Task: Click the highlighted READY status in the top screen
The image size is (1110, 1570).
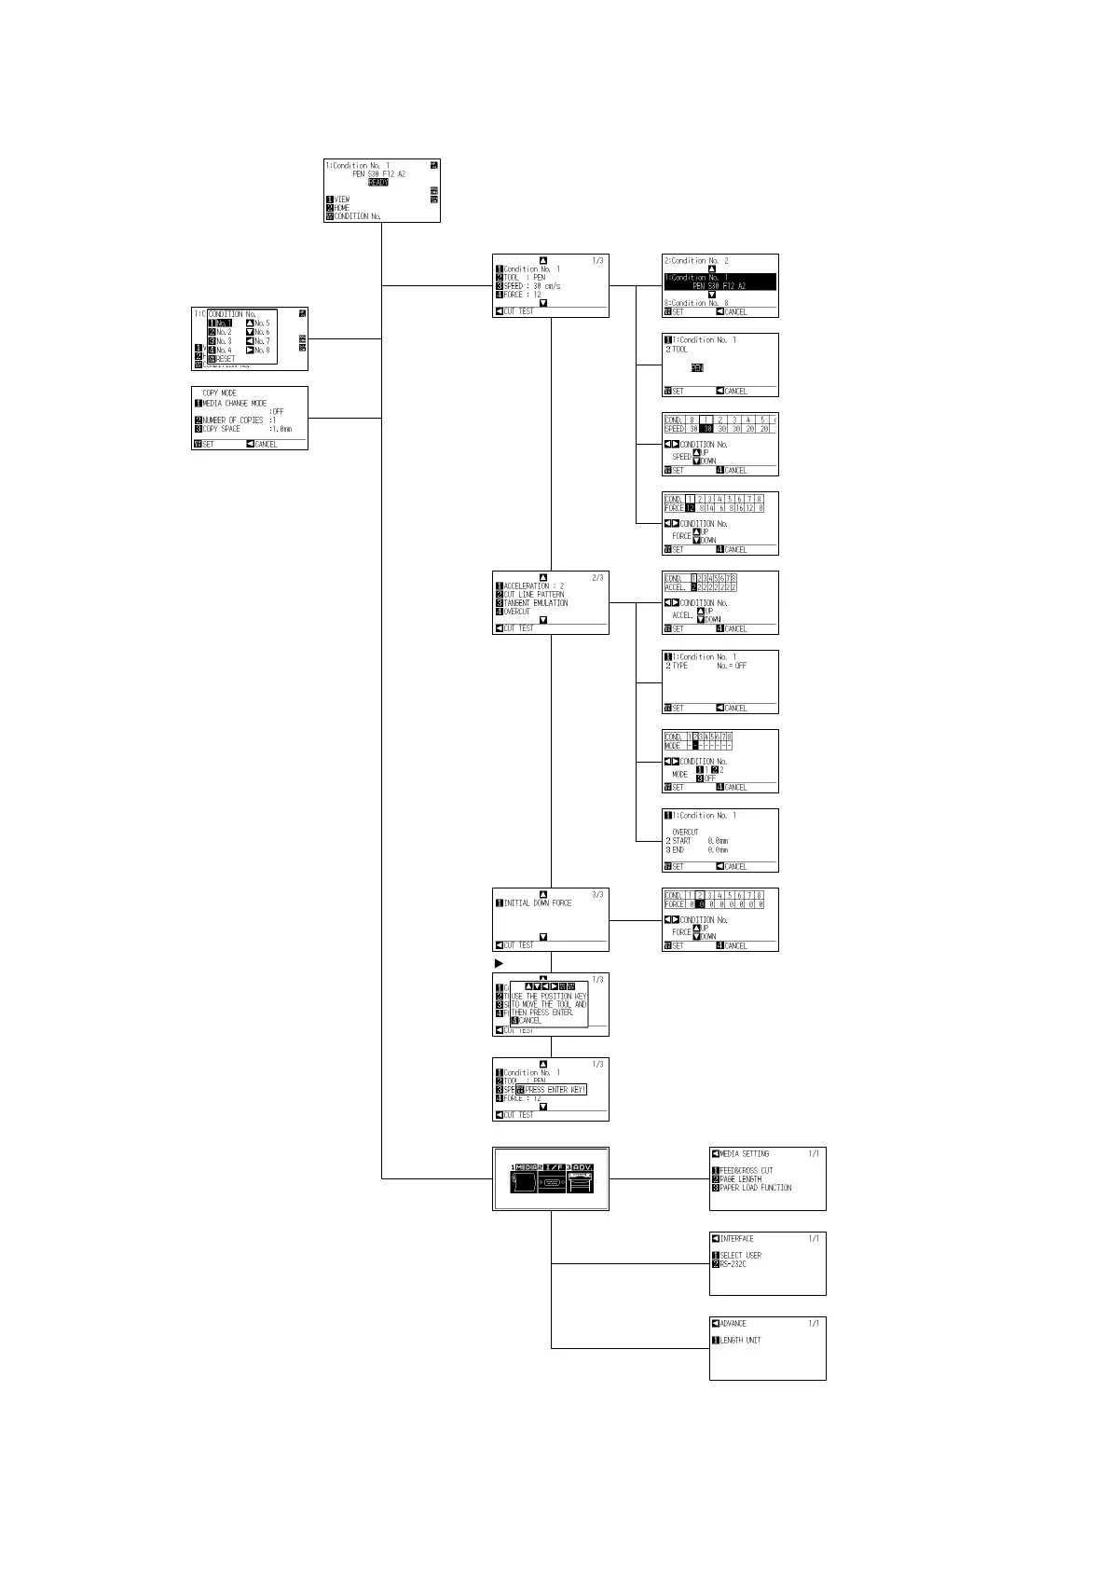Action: pyautogui.click(x=378, y=183)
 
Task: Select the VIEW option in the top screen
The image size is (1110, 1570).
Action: pyautogui.click(x=342, y=200)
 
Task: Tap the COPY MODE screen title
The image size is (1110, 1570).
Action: pyautogui.click(x=220, y=393)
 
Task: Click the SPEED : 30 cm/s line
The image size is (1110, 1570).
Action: pyautogui.click(x=531, y=286)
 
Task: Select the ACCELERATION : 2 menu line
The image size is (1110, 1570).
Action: pyautogui.click(x=533, y=586)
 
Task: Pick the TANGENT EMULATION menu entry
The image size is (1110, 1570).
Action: pyautogui.click(x=535, y=603)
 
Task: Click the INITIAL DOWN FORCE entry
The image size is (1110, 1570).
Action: pyautogui.click(x=537, y=903)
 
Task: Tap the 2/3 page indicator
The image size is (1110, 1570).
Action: pyautogui.click(x=597, y=578)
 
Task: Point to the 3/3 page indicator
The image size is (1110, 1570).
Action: pyautogui.click(x=597, y=895)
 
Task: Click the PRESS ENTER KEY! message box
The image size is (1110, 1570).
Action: pyautogui.click(x=555, y=1090)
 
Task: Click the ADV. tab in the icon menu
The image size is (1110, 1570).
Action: pyautogui.click(x=582, y=1167)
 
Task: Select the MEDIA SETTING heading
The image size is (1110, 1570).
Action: pyautogui.click(x=744, y=1154)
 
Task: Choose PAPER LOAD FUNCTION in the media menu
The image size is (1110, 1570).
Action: pyautogui.click(x=755, y=1188)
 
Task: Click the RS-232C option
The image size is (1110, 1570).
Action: pyautogui.click(x=733, y=1264)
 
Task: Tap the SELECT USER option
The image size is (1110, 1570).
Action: pyautogui.click(x=740, y=1256)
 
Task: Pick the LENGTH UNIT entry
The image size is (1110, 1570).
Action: pyautogui.click(x=740, y=1341)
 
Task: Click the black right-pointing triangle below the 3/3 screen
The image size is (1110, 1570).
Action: pyautogui.click(x=499, y=963)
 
